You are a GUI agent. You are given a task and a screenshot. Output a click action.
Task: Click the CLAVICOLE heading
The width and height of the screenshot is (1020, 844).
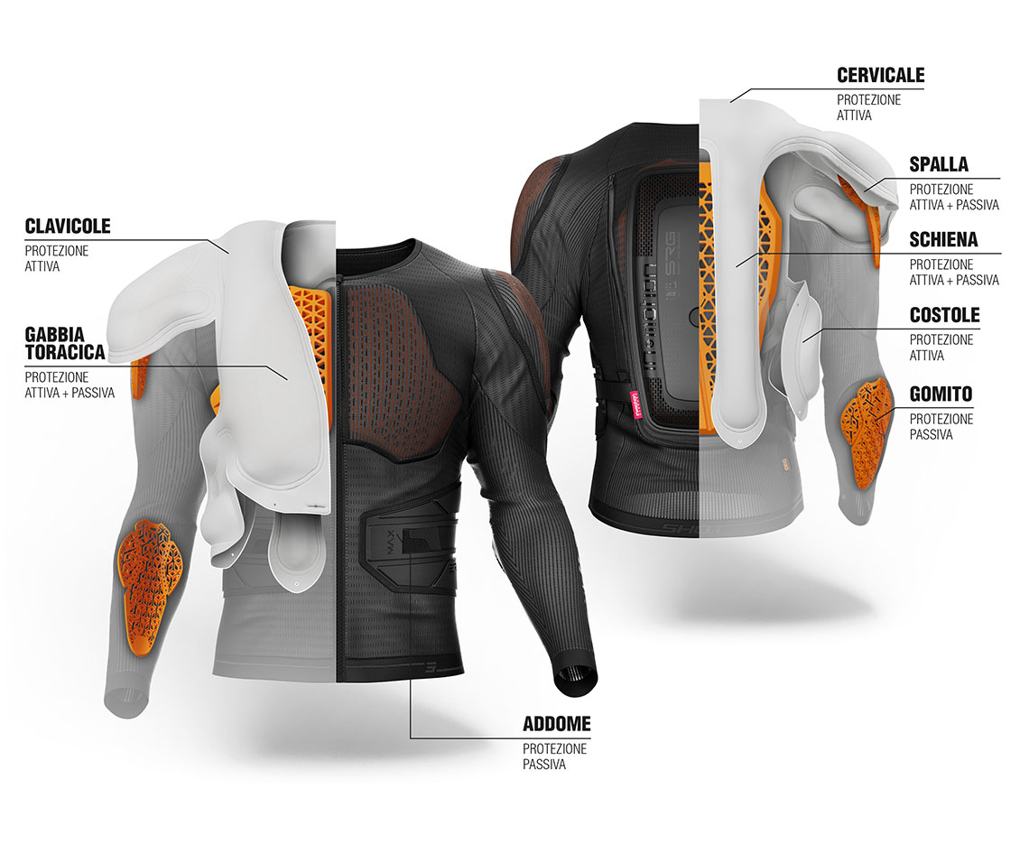click(68, 227)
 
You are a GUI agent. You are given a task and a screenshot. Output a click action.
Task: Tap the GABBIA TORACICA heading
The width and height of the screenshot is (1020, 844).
click(64, 344)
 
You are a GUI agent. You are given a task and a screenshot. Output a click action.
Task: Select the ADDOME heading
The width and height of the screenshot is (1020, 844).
click(557, 724)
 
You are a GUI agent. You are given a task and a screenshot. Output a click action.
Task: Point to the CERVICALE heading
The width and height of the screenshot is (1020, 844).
click(881, 76)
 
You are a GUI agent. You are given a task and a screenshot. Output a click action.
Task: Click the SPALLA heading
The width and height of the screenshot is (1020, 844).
click(939, 164)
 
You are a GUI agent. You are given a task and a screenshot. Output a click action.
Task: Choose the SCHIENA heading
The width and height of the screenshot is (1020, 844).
click(943, 239)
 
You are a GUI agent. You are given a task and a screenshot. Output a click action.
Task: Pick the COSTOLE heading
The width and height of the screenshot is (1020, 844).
click(944, 315)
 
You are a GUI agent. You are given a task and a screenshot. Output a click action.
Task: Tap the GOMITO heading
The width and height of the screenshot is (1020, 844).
click(941, 394)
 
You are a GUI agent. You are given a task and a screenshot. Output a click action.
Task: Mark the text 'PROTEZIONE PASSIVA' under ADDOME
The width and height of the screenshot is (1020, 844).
click(555, 756)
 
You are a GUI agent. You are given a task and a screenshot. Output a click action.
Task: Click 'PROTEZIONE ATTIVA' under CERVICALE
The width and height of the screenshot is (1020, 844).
click(868, 107)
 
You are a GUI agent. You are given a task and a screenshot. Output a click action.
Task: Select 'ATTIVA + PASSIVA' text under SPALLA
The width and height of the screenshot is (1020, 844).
click(954, 205)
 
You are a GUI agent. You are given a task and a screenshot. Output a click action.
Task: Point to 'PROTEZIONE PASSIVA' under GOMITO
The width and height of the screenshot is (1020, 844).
click(941, 426)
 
